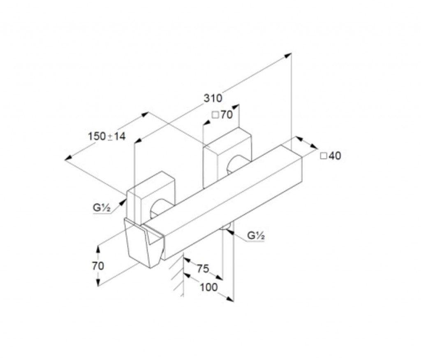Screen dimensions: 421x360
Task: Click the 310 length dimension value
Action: [213, 98]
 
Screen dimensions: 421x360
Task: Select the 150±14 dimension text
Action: [107, 137]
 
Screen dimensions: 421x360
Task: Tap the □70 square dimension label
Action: [222, 115]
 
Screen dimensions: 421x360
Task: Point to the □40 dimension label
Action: [331, 156]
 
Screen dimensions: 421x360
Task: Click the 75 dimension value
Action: [203, 268]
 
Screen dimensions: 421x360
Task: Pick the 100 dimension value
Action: [209, 288]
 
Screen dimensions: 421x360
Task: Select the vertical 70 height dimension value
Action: [98, 266]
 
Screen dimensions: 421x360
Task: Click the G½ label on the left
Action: [102, 208]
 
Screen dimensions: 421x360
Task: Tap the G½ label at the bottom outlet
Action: [256, 236]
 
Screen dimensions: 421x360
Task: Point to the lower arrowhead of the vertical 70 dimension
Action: [98, 282]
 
